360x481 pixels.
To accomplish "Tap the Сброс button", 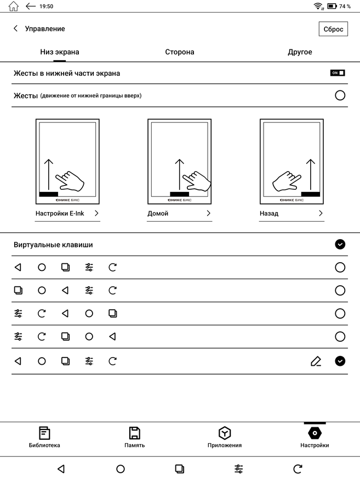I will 333,29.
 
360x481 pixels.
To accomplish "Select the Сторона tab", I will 179,52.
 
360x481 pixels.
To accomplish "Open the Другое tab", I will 300,52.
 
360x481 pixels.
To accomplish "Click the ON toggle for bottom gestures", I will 338,73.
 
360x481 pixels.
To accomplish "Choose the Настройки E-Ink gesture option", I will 67,213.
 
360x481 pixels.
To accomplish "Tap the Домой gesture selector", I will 179,213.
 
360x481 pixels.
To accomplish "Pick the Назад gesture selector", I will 292,213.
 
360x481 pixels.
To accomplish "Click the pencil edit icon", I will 316,361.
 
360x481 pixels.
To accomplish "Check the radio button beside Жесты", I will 340,95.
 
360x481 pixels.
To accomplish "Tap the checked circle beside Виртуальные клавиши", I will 340,245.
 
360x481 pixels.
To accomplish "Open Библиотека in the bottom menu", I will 44,437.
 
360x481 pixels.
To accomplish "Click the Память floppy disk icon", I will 134,437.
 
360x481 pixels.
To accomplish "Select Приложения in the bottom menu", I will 224,437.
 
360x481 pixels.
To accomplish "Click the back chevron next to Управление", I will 15,29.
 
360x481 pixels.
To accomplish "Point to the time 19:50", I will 47,7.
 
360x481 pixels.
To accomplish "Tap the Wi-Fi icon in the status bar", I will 318,7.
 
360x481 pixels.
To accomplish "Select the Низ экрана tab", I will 59,52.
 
